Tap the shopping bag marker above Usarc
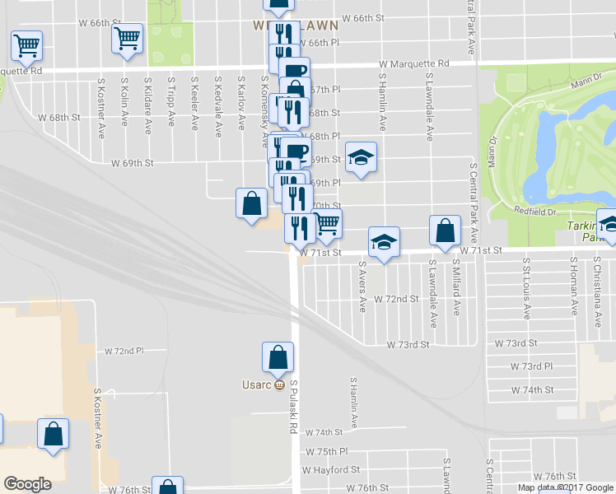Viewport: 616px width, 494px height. tap(278, 357)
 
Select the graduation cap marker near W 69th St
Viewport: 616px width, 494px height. tap(360, 157)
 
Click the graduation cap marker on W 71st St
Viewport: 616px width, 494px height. tap(384, 243)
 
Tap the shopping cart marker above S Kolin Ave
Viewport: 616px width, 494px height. tap(128, 38)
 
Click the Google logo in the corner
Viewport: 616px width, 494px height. tap(27, 484)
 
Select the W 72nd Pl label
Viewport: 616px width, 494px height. tap(124, 350)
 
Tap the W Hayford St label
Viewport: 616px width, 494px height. tap(331, 470)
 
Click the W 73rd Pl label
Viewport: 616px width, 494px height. tap(531, 366)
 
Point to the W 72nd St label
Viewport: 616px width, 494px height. tap(397, 298)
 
